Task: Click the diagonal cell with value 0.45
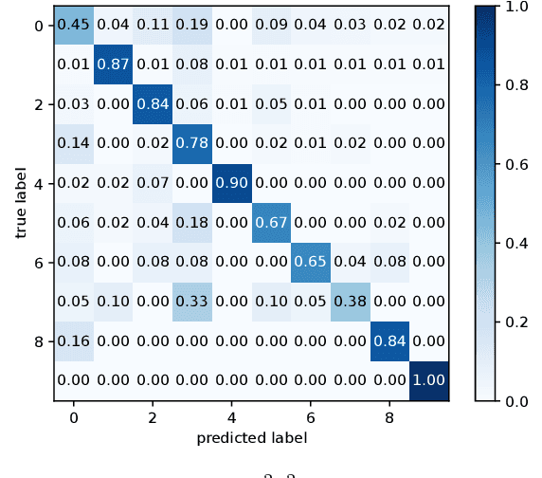click(x=73, y=25)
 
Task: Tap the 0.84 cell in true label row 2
click(x=152, y=103)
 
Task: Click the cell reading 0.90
click(x=230, y=182)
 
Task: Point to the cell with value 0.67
click(x=270, y=222)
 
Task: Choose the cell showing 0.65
click(x=309, y=261)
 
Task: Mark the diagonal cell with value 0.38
click(x=349, y=301)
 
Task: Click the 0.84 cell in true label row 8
click(x=388, y=340)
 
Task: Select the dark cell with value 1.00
click(x=427, y=379)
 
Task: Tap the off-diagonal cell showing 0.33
click(x=191, y=301)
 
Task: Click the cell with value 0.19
click(x=191, y=25)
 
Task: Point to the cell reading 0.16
click(x=73, y=340)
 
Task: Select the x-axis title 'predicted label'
click(x=251, y=438)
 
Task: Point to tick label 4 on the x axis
click(x=230, y=416)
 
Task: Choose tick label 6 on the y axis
click(x=38, y=261)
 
